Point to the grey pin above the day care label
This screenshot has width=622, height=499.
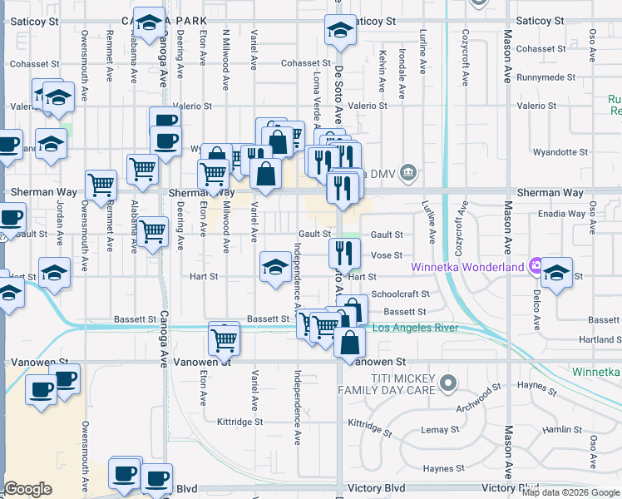click(448, 383)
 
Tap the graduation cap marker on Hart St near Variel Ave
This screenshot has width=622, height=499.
click(275, 268)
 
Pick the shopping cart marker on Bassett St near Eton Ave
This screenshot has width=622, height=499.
click(224, 338)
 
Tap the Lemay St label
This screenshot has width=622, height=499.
click(441, 429)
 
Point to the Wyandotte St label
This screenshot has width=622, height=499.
click(560, 152)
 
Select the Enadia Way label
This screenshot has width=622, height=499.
click(562, 215)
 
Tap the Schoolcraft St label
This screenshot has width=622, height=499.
click(401, 294)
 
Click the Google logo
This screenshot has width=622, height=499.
click(28, 489)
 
